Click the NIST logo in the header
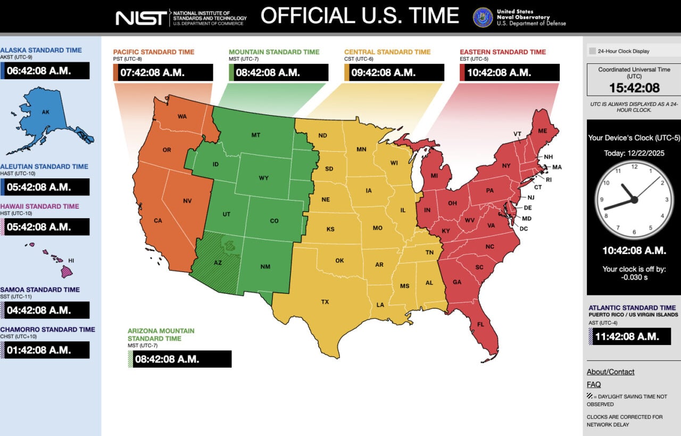141,17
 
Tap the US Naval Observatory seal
483,17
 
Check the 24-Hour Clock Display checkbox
592,52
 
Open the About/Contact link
610,372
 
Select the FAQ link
594,384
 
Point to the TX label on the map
325,302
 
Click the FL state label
480,324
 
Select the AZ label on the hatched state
218,262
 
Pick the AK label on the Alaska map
46,112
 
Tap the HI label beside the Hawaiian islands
71,261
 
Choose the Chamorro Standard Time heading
47,330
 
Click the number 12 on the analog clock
634,167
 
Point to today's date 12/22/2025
633,153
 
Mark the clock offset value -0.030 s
634,277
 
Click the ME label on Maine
542,131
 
